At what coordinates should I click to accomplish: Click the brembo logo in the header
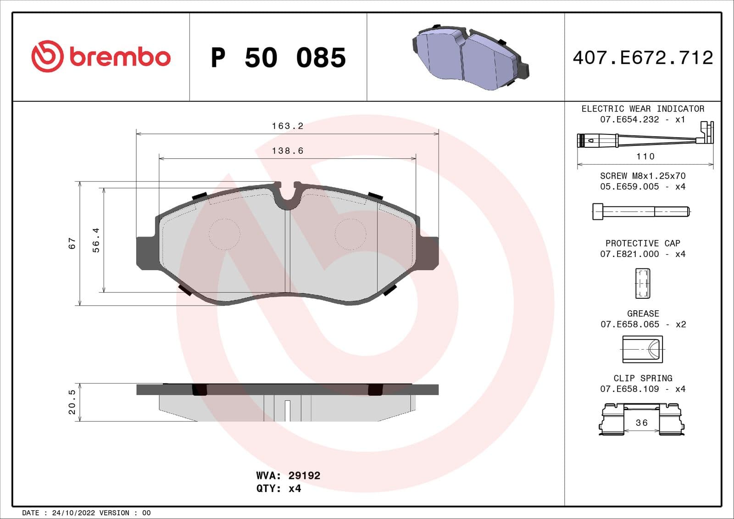101,56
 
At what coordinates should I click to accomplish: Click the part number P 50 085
278,58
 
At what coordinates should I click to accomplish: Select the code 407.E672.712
643,58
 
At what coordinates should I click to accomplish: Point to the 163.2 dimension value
288,126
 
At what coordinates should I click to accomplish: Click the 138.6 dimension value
288,151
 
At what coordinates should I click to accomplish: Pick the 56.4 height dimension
96,240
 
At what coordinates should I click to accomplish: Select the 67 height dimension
72,243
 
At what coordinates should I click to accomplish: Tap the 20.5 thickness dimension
72,402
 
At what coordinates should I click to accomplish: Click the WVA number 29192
304,475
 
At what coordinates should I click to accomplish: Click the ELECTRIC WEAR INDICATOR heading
643,109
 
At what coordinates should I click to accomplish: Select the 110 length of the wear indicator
645,156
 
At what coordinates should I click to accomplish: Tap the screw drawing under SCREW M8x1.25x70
641,212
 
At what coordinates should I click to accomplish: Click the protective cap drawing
642,283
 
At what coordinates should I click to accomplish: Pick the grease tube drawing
642,349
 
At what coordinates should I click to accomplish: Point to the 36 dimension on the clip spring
642,423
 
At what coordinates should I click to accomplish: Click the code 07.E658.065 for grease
630,324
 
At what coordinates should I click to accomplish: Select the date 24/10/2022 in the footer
73,513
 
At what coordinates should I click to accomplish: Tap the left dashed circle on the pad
224,234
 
